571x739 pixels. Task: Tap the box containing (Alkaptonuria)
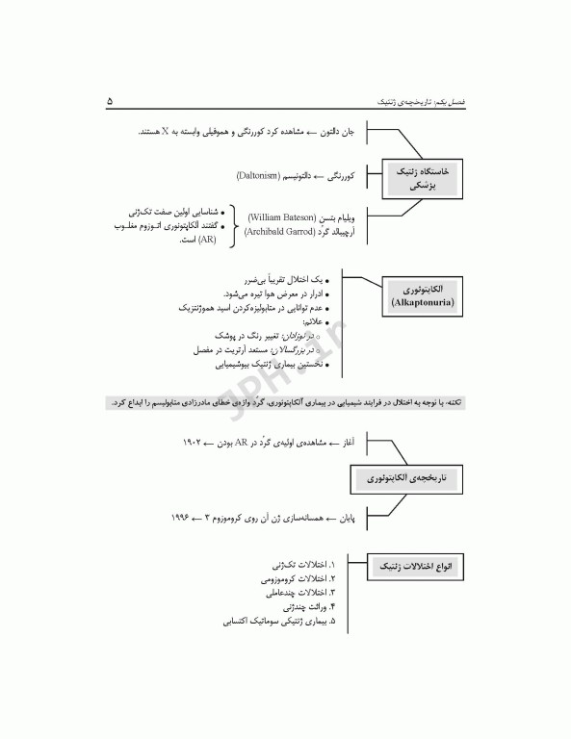(423, 294)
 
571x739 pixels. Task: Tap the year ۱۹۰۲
(193, 442)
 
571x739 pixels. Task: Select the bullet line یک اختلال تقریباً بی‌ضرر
(286, 278)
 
